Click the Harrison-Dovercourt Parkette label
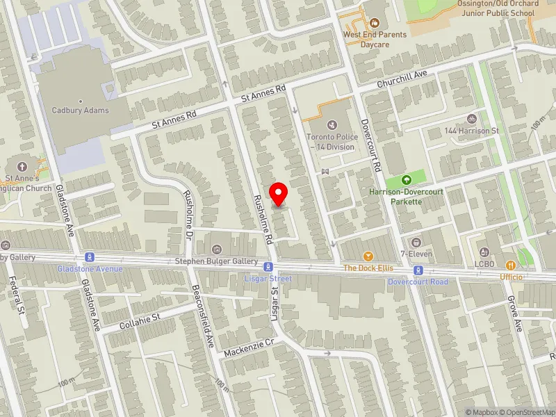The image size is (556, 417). click(x=396, y=196)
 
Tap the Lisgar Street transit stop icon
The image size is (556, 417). click(x=268, y=267)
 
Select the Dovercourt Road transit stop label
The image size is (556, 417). click(x=418, y=282)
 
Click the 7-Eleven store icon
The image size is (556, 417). click(x=416, y=242)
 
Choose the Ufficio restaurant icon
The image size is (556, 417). click(x=511, y=265)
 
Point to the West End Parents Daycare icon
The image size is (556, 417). click(x=375, y=24)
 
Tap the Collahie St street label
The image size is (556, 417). click(x=139, y=321)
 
